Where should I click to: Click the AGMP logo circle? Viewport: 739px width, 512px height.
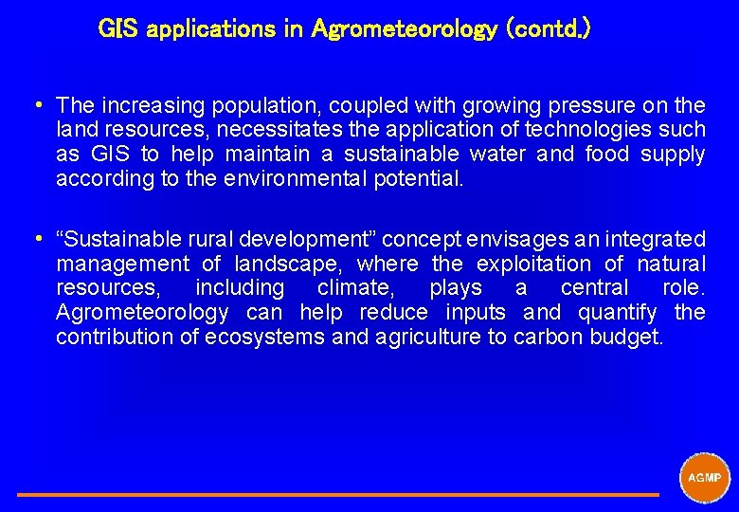[705, 477]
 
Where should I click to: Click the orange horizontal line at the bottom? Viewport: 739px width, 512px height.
[337, 494]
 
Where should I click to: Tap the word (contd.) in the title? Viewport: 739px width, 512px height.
[550, 29]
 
